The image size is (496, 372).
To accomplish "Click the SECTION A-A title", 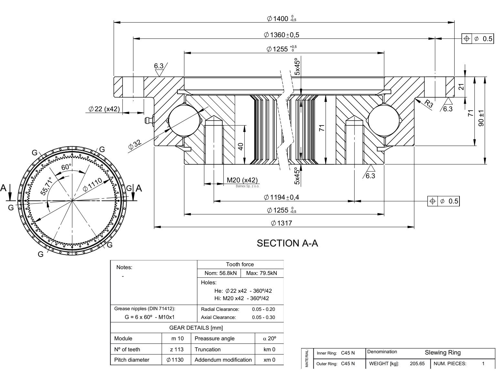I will pyautogui.click(x=287, y=243).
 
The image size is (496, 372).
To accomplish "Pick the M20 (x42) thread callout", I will pyautogui.click(x=242, y=180).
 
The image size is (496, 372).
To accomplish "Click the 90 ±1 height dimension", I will pyautogui.click(x=481, y=118).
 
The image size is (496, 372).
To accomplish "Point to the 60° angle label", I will pyautogui.click(x=67, y=167).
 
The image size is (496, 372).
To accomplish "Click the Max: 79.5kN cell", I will pyautogui.click(x=261, y=273).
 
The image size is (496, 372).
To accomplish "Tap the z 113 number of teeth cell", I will pyautogui.click(x=176, y=349).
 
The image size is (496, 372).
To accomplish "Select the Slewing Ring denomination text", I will pyautogui.click(x=443, y=353).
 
